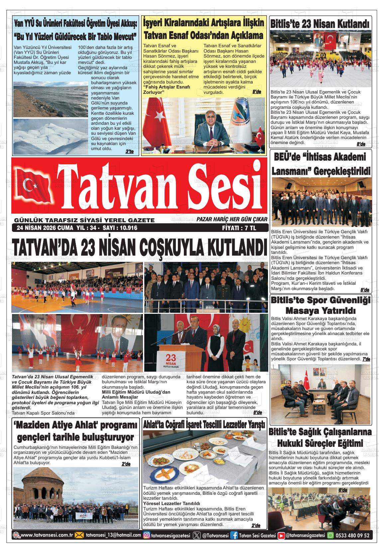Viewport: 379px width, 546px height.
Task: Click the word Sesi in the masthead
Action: click(x=222, y=186)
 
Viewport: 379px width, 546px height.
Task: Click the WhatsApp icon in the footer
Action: click(x=331, y=535)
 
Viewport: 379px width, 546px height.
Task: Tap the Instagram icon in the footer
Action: click(x=146, y=535)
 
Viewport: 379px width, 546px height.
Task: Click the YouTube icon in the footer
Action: click(x=281, y=535)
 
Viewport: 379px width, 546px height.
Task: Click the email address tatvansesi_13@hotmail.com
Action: click(x=113, y=535)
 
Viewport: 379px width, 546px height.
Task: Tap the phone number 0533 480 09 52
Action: click(x=353, y=535)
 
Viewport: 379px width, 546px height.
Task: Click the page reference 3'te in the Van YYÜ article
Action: click(x=129, y=152)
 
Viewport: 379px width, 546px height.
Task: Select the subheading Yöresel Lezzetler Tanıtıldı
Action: click(x=172, y=503)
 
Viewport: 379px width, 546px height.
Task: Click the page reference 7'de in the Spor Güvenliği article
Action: click(x=366, y=359)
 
